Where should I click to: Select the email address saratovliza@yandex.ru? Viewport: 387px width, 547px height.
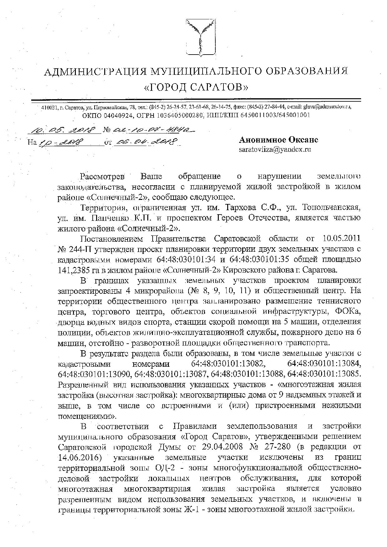275,149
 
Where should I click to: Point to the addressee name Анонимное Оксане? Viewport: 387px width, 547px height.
278,140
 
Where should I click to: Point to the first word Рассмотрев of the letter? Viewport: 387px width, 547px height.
102,177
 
